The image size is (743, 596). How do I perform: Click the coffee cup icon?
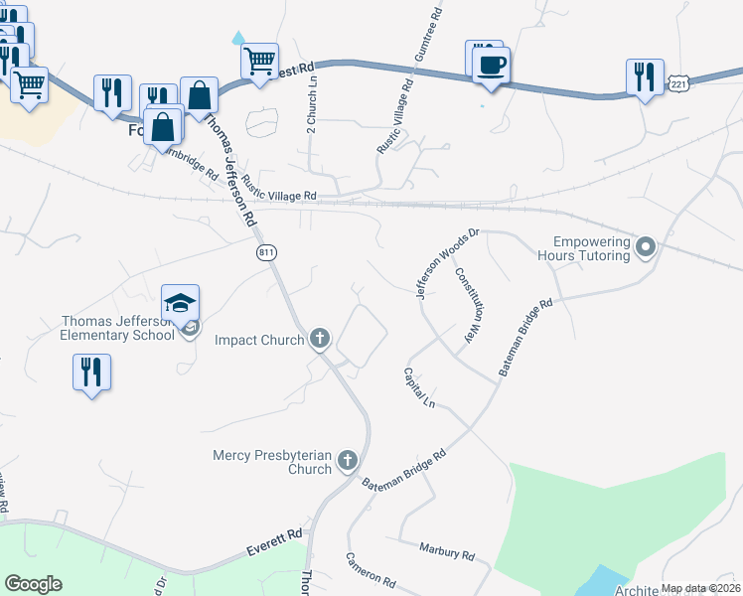pos(491,66)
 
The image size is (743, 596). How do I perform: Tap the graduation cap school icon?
pos(181,302)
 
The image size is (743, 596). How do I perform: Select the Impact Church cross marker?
pos(320,339)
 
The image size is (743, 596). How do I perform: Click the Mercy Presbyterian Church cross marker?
pos(347,460)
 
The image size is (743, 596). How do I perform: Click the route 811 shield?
pos(266,253)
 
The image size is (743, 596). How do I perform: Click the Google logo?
pos(33,584)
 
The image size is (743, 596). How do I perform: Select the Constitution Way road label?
pos(469,306)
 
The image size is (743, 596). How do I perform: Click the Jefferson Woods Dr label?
pos(447,263)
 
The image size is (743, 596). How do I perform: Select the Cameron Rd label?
pos(371,569)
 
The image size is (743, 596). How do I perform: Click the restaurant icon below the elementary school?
pos(91,372)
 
